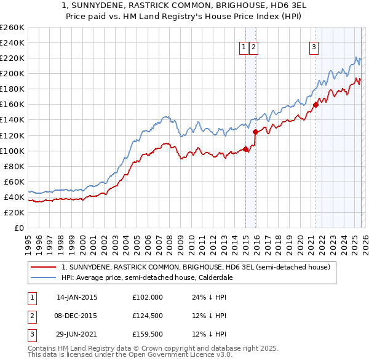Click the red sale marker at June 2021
click(315, 105)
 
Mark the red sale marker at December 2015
click(255, 132)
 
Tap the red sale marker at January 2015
click(245, 149)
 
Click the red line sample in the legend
click(44, 267)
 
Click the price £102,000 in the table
click(148, 297)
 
